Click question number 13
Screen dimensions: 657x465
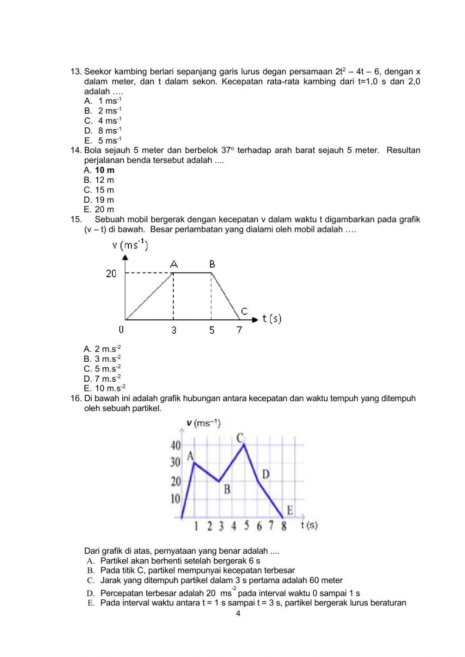coord(76,72)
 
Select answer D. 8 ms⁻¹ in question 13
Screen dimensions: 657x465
coord(103,131)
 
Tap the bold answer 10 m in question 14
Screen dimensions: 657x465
coord(105,170)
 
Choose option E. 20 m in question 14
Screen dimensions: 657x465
coord(99,209)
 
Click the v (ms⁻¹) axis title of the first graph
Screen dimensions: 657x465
coord(130,245)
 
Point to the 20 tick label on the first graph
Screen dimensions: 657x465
coord(111,273)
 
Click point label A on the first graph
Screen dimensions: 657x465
coord(173,264)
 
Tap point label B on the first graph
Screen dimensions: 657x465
coord(212,264)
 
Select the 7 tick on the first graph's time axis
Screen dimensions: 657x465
coord(239,330)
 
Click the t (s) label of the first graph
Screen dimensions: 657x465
coord(272,319)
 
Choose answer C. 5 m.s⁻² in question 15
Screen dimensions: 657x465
coord(102,369)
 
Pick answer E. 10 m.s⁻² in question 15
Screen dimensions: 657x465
coord(104,388)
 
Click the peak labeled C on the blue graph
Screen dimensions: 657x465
coord(240,438)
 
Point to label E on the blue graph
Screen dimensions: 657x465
coord(290,511)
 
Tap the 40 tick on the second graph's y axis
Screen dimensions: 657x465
coord(175,445)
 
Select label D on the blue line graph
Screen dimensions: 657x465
coord(266,474)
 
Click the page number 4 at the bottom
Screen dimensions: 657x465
coord(238,613)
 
